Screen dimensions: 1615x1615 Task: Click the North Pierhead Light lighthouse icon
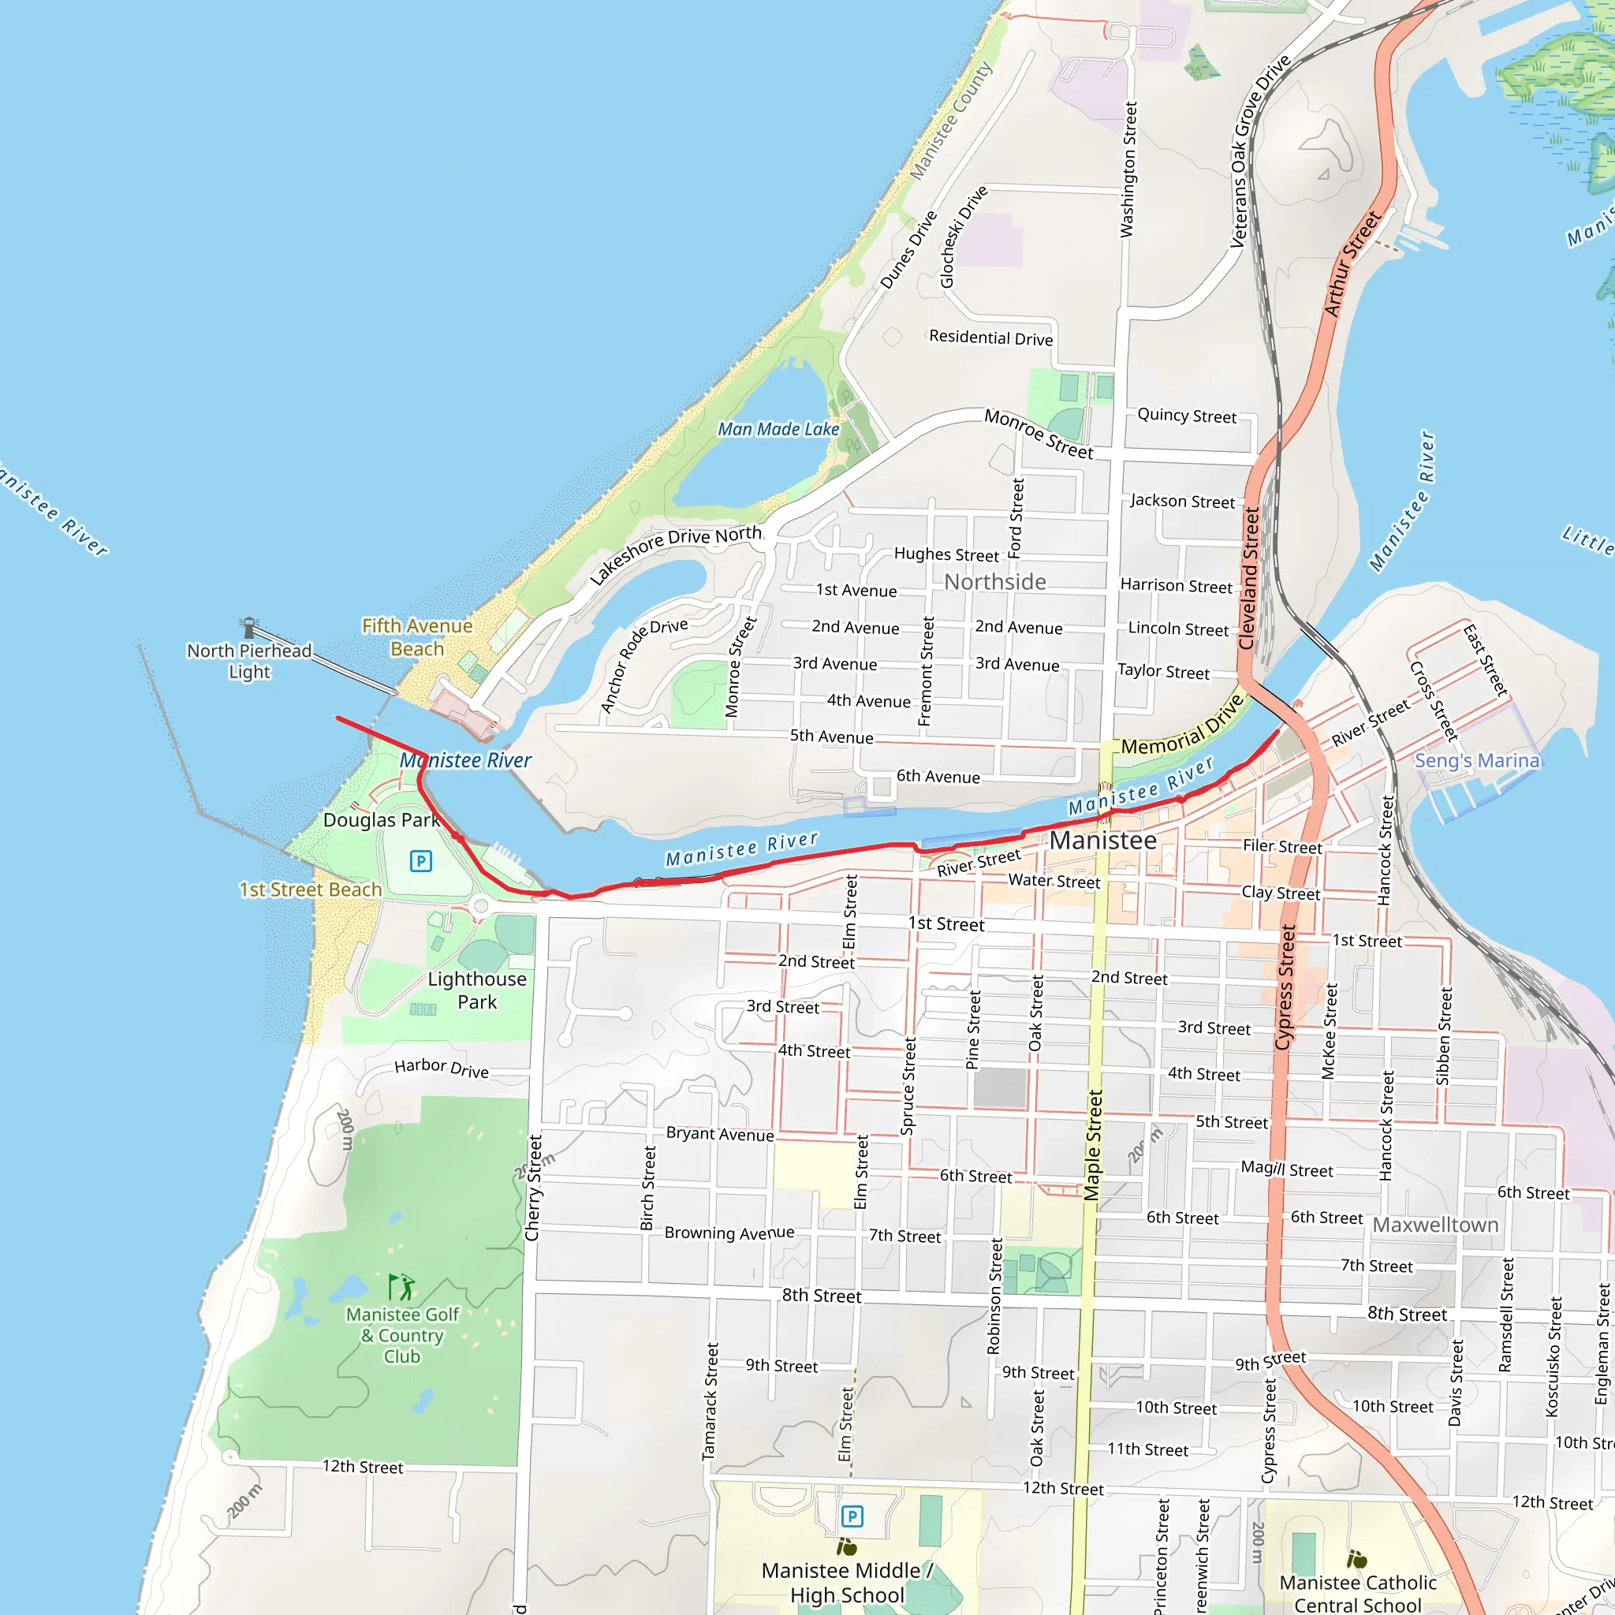click(248, 627)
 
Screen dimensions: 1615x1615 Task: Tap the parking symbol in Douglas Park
click(420, 861)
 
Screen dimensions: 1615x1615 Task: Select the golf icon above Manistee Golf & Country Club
click(401, 1287)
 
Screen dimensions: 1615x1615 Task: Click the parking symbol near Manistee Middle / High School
click(851, 1516)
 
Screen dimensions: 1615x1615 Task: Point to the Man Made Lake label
click(778, 429)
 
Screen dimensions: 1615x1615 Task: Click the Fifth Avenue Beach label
click(416, 637)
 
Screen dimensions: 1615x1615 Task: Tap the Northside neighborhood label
click(994, 582)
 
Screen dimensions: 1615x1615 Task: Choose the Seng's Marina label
click(1476, 761)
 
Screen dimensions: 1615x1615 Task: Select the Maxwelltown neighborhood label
click(1435, 1225)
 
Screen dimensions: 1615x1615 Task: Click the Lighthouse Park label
click(476, 990)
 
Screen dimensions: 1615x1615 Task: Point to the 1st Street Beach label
click(310, 890)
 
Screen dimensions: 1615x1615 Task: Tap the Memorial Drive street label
click(1182, 725)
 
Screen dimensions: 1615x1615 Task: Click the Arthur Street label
click(1352, 263)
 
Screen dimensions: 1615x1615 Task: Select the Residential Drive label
click(990, 338)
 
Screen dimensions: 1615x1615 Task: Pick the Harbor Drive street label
click(442, 1068)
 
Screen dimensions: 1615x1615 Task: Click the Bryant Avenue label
click(720, 1133)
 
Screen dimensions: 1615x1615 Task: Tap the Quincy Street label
click(1186, 416)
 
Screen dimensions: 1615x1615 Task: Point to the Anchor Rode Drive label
click(643, 666)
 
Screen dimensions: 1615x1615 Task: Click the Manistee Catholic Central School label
click(1358, 1593)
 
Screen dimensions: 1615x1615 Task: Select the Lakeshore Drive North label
click(676, 554)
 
